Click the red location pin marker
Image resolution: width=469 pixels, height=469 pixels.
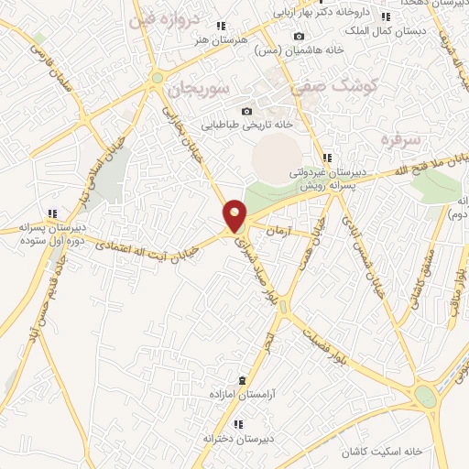pyautogui.click(x=235, y=215)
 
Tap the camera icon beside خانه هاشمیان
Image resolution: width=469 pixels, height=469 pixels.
pyautogui.click(x=298, y=37)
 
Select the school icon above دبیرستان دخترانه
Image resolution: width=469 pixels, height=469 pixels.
pyautogui.click(x=238, y=424)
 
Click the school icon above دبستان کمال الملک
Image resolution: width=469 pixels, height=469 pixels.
pyautogui.click(x=386, y=16)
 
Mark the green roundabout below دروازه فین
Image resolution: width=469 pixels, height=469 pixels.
pyautogui.click(x=158, y=78)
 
